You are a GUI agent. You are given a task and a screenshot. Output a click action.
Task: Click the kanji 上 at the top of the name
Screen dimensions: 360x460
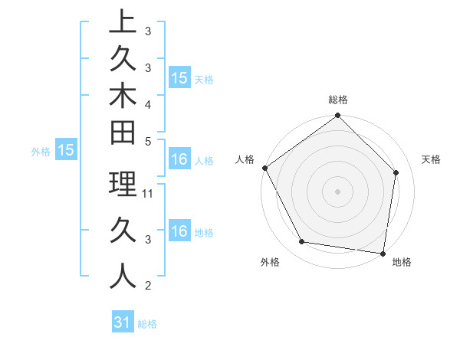click(x=123, y=22)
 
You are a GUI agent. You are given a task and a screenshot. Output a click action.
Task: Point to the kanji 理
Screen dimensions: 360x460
click(x=123, y=184)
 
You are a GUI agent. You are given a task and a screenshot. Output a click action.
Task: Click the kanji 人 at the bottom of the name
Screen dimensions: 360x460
click(x=123, y=275)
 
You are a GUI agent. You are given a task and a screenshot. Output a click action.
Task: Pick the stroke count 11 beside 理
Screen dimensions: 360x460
click(x=149, y=194)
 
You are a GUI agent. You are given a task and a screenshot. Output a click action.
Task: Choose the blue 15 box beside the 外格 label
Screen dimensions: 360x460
click(x=66, y=151)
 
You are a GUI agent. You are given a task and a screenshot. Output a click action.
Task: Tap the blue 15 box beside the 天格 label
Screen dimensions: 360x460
click(x=179, y=78)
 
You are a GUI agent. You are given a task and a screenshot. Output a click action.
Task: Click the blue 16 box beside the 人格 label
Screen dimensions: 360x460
click(x=179, y=160)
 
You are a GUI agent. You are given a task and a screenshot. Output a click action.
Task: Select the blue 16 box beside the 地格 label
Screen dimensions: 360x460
click(x=179, y=231)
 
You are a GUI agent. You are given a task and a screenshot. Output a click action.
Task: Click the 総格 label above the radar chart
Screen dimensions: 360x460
click(x=338, y=100)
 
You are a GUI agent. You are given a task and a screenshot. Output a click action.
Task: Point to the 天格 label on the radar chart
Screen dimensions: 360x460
click(x=431, y=159)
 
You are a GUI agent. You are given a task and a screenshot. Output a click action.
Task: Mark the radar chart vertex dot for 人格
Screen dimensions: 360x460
click(x=265, y=168)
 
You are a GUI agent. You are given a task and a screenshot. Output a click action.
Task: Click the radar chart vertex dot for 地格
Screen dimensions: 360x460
click(x=383, y=253)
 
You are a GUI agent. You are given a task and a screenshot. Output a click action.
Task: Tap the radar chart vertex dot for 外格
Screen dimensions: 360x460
click(x=302, y=242)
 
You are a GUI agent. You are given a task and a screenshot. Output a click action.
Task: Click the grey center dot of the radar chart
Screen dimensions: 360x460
click(x=338, y=191)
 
